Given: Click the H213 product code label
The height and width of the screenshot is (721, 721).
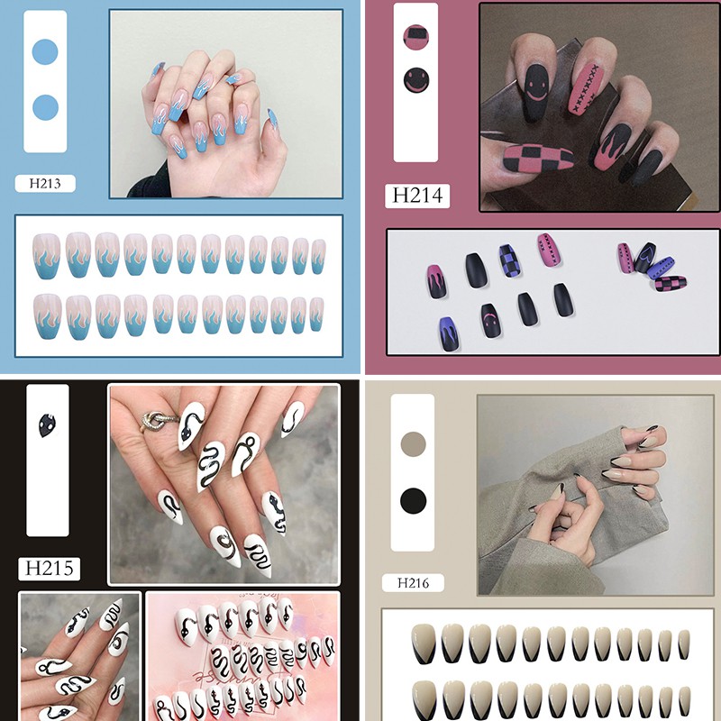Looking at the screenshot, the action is click(x=45, y=184).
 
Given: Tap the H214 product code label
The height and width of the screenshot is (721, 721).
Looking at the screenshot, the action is click(x=417, y=196).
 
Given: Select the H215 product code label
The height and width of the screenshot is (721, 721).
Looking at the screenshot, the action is click(x=49, y=569).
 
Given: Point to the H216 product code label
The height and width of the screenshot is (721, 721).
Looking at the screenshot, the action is click(x=413, y=583).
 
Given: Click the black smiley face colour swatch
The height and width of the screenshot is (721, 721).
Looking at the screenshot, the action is click(x=416, y=80).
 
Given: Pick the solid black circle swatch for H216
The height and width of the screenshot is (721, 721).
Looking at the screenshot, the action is click(x=413, y=501).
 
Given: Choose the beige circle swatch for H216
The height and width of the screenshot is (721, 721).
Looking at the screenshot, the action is click(x=413, y=444).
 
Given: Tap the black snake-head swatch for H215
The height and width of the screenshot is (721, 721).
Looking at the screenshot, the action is click(x=47, y=425).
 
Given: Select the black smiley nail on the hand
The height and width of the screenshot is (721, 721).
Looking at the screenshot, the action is click(x=535, y=92).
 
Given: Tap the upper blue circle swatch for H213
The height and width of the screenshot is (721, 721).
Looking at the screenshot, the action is click(x=45, y=51).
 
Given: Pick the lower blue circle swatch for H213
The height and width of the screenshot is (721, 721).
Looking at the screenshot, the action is click(x=45, y=107).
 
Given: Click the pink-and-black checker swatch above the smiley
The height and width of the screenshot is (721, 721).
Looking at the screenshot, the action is click(x=415, y=37).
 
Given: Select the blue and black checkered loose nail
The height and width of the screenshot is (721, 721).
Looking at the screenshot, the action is click(x=509, y=260).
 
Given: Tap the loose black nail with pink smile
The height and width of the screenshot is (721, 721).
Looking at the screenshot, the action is click(x=491, y=321).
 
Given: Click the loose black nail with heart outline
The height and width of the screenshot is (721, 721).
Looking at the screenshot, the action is click(x=644, y=258).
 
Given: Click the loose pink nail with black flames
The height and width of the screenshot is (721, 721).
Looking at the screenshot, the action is click(x=437, y=281).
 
